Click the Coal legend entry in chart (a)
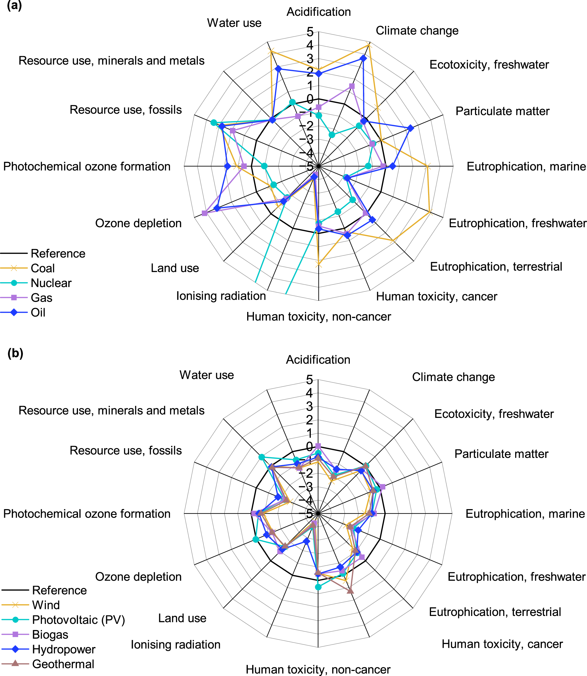[43, 268]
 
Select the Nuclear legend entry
[51, 283]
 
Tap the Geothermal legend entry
[63, 664]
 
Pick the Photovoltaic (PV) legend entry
[78, 620]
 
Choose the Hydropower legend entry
[64, 650]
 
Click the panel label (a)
[14, 6]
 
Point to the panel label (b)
[15, 354]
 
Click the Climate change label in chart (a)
[417, 30]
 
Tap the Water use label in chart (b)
[207, 375]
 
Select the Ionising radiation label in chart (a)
[221, 296]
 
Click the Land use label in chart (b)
[182, 618]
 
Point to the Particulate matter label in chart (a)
[503, 111]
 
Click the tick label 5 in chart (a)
[310, 32]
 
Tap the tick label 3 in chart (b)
[309, 407]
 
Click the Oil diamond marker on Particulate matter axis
[410, 129]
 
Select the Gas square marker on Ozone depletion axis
[204, 213]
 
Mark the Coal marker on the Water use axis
[271, 51]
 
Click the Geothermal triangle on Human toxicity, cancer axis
[350, 590]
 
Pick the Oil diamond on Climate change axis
[363, 59]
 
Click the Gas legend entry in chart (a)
[41, 298]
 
